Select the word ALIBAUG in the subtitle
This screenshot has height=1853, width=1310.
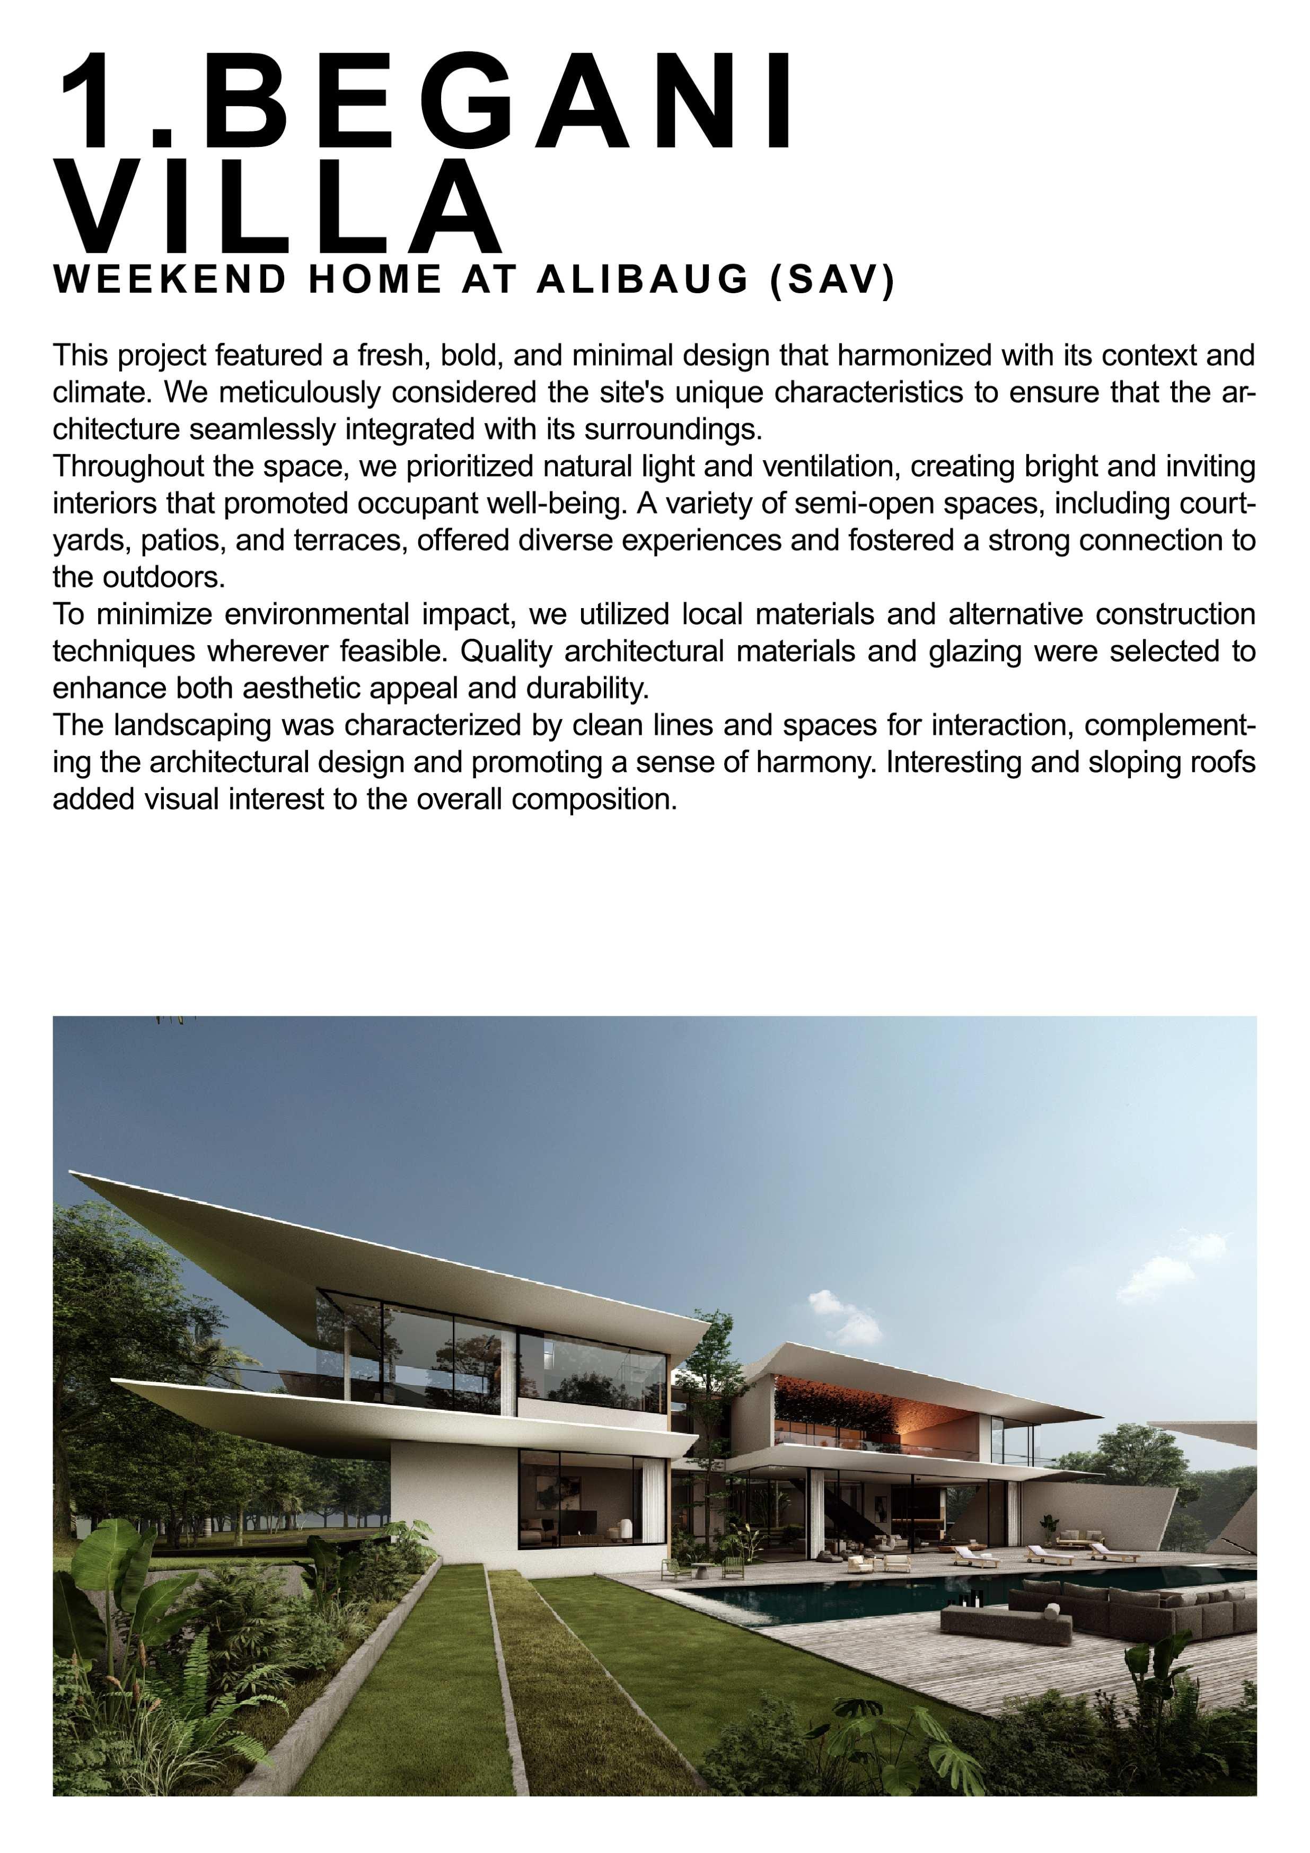point(643,280)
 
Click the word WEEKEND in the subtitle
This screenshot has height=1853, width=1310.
point(170,280)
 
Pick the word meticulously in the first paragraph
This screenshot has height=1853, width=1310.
point(300,393)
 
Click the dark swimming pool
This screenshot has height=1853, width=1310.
point(848,1592)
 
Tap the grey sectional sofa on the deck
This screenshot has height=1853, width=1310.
point(1130,1606)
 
